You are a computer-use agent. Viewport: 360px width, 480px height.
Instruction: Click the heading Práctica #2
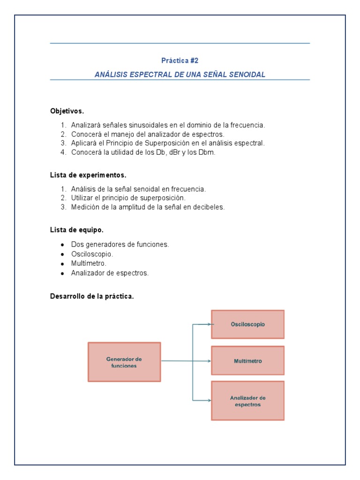click(x=180, y=60)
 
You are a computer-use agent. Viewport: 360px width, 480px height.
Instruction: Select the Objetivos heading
click(x=67, y=111)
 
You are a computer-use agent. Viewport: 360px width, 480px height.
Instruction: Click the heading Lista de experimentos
click(x=88, y=175)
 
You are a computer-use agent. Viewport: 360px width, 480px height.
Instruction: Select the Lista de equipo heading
click(x=77, y=230)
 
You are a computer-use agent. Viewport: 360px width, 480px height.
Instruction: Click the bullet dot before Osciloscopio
click(x=62, y=255)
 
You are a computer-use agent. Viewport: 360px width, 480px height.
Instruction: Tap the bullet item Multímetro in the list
click(x=89, y=263)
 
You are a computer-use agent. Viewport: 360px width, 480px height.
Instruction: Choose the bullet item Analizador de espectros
click(x=110, y=273)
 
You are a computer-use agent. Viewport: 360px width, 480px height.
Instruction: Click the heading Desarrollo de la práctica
click(x=92, y=296)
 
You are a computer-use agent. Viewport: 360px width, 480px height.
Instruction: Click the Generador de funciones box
click(x=124, y=362)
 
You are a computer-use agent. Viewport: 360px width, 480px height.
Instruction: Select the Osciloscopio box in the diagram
click(x=247, y=324)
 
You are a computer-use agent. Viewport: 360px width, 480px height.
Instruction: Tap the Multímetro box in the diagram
click(x=247, y=361)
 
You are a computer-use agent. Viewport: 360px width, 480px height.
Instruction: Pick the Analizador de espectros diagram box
click(x=247, y=400)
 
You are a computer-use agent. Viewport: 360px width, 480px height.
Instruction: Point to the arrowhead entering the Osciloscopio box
click(x=209, y=324)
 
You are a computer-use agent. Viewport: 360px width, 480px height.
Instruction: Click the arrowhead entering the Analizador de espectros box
click(x=209, y=400)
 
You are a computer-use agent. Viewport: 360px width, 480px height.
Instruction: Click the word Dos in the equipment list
click(x=77, y=245)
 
